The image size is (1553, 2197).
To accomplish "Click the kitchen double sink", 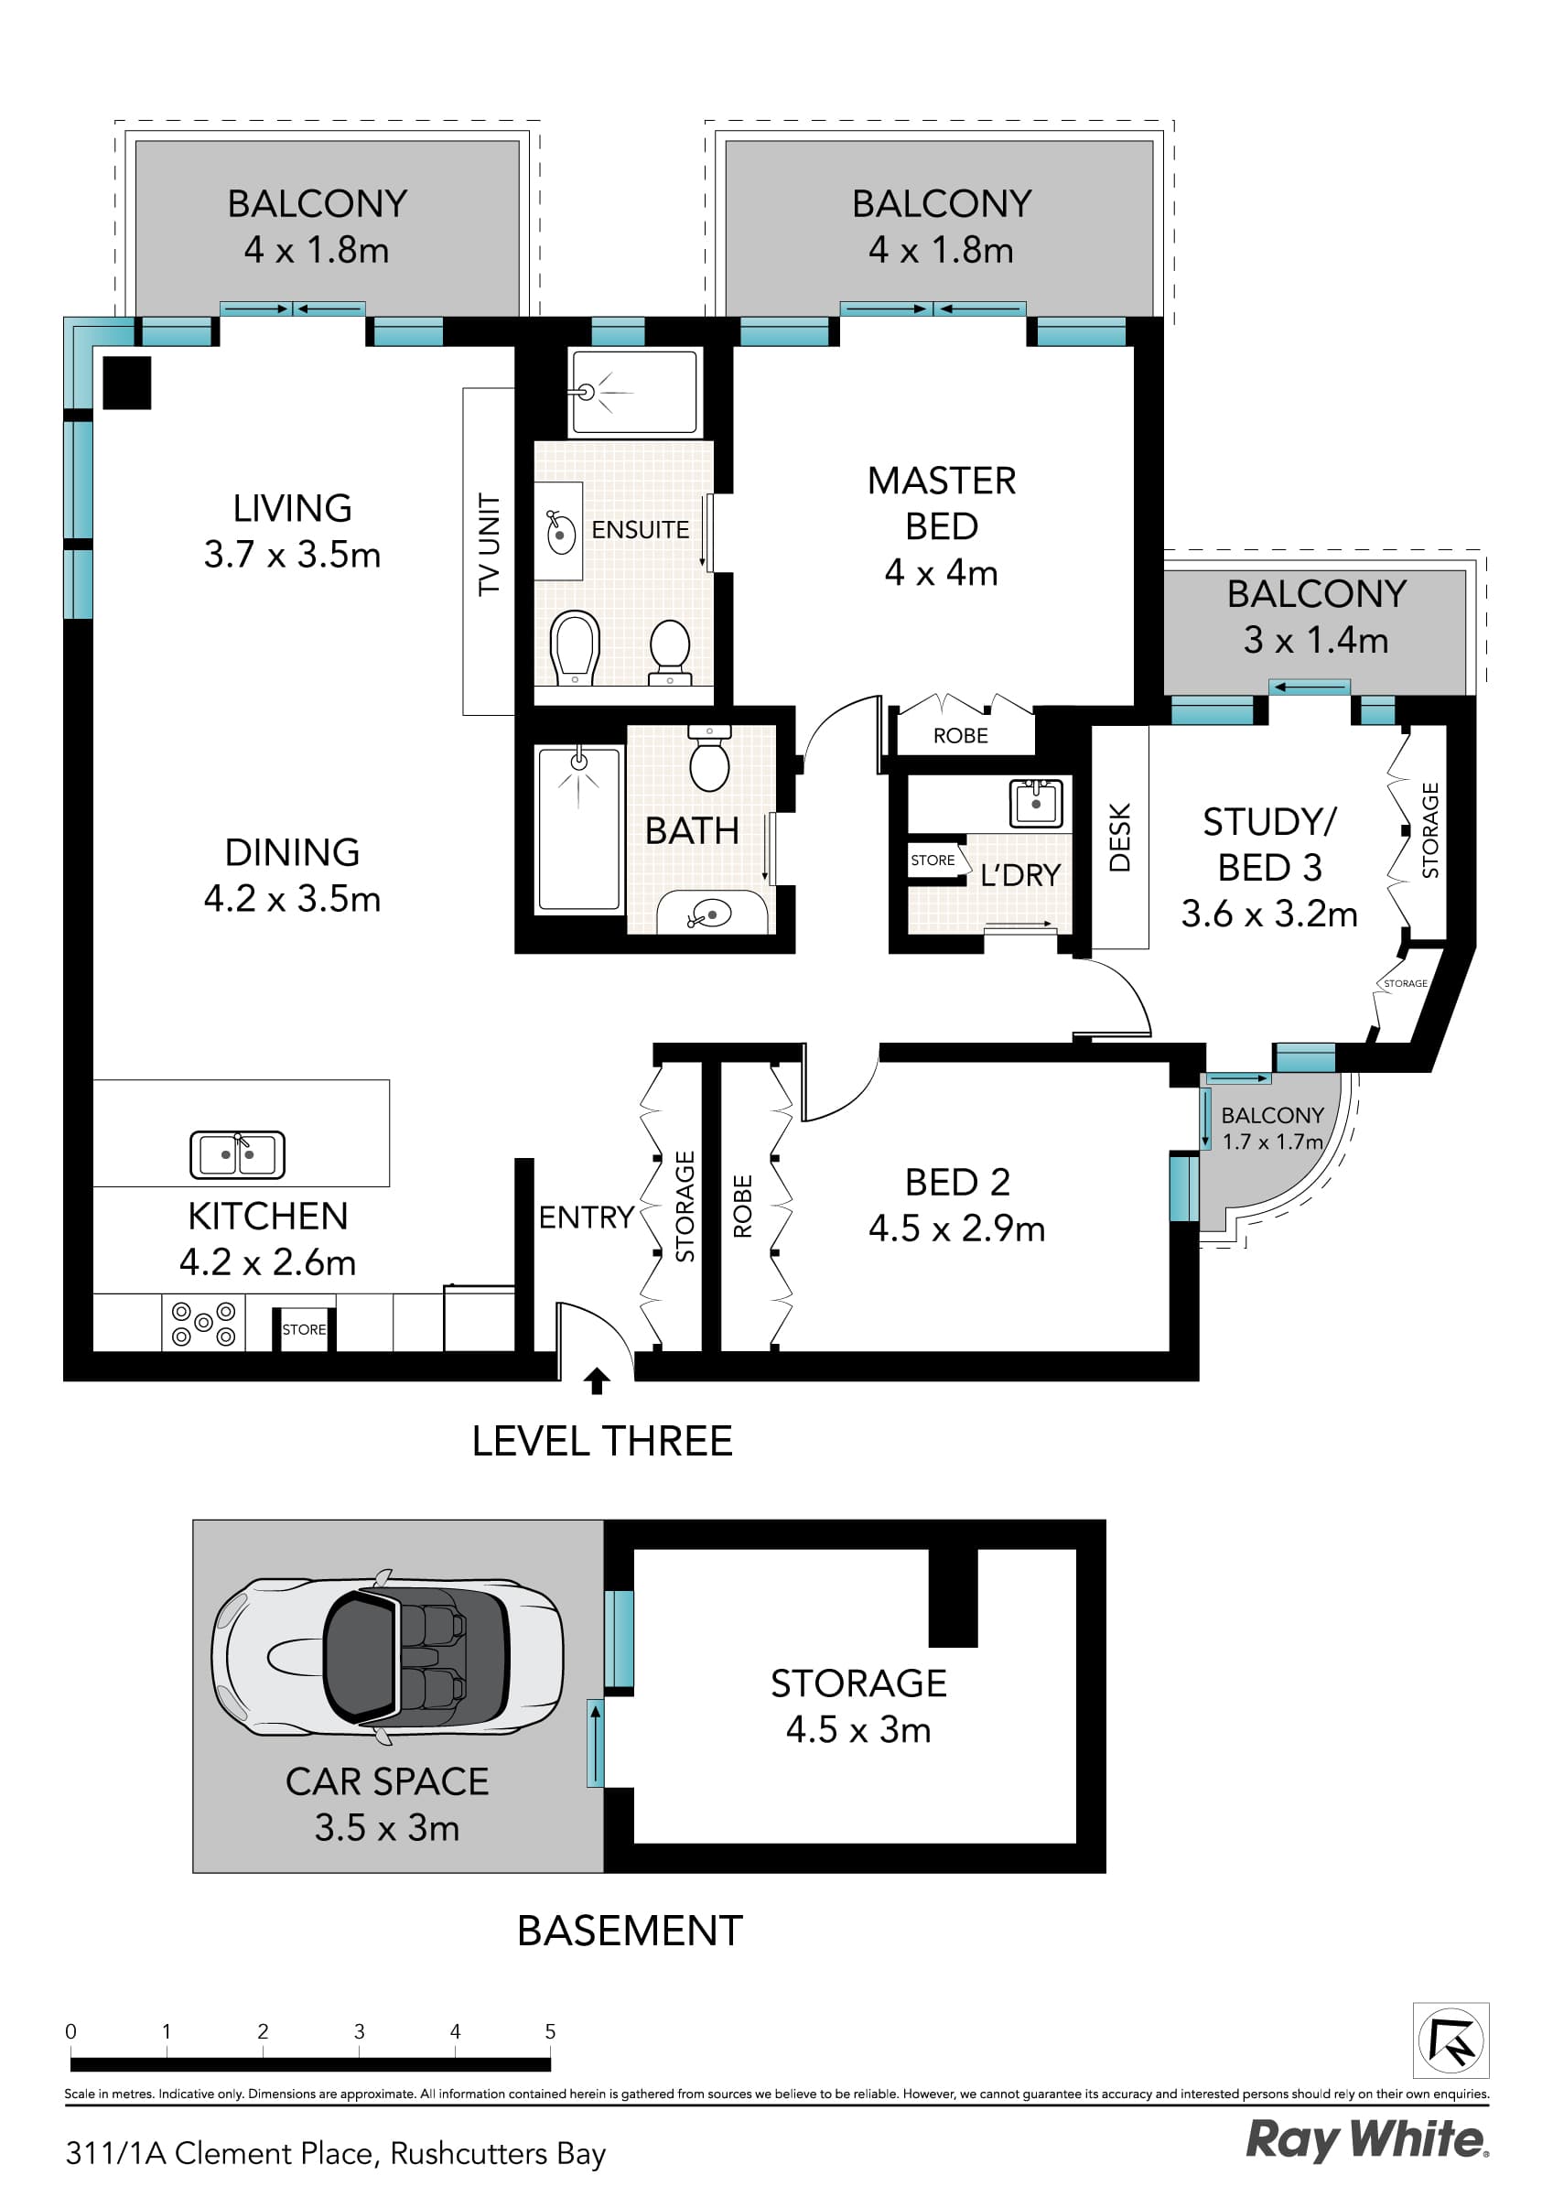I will pos(237,1154).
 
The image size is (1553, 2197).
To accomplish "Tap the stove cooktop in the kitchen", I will pos(203,1324).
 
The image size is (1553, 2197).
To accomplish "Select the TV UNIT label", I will pos(489,545).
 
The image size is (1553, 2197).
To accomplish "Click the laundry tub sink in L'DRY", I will pos(1035,802).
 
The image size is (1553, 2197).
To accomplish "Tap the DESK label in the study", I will pos(1119,838).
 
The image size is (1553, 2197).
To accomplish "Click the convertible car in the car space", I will pos(386,1656).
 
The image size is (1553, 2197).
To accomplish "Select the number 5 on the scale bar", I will pos(550,2031).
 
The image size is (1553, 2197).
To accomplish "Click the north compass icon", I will pos(1451,2041).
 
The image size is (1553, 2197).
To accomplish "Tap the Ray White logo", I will pos(1366,2139).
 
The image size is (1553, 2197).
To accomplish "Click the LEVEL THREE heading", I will pos(602,1441).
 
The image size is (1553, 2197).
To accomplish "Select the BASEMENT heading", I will pos(630,1931).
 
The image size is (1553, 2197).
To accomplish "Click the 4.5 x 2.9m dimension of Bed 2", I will pos(956,1228).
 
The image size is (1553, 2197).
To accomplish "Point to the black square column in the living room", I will pos(127,383).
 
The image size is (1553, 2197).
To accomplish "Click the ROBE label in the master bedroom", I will pos(961,736).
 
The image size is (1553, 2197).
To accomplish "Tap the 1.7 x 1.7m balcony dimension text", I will pos(1272,1142).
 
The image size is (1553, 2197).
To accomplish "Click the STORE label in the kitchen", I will pos(303,1329).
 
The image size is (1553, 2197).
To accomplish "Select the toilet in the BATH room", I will pos(709,760).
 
